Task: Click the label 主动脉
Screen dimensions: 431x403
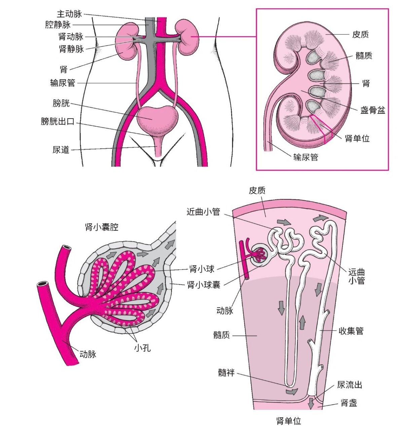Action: [69, 14]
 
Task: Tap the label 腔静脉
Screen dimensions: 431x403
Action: [58, 25]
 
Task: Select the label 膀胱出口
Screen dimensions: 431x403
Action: [58, 121]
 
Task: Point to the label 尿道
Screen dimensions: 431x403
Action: [61, 150]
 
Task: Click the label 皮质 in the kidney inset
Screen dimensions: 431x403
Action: [360, 34]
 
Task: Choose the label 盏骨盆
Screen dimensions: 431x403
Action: [373, 110]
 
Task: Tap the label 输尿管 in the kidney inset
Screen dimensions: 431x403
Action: [305, 157]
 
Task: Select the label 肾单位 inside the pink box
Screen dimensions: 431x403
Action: [357, 138]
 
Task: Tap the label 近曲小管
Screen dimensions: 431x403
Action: [203, 212]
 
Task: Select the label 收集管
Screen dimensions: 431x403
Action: [351, 331]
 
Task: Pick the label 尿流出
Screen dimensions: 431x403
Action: [350, 385]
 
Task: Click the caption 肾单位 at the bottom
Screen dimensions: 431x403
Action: [288, 421]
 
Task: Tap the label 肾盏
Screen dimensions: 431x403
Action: [349, 403]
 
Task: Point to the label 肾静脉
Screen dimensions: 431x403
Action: [71, 49]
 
